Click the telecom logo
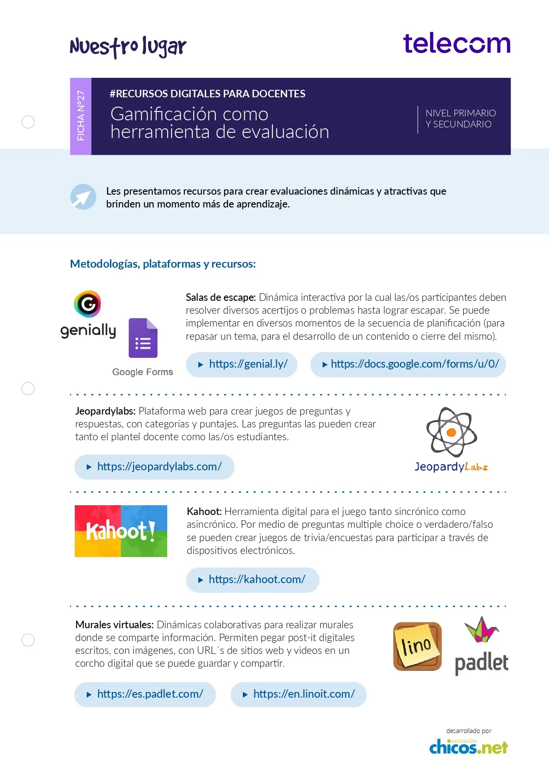(x=457, y=44)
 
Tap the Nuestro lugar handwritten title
(x=128, y=47)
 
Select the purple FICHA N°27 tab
(x=81, y=116)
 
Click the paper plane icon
(x=83, y=197)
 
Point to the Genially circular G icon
(x=88, y=304)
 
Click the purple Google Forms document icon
(x=143, y=338)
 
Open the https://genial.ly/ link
(x=242, y=365)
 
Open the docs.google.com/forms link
(x=408, y=365)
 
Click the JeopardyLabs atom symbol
(x=451, y=432)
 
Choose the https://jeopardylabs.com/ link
(x=154, y=467)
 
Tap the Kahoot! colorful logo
(x=121, y=531)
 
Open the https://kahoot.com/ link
(x=253, y=580)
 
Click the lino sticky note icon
(x=417, y=646)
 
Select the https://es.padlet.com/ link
(x=145, y=694)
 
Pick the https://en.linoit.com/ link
(x=299, y=694)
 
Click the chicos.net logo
(x=468, y=747)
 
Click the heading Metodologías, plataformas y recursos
(x=163, y=264)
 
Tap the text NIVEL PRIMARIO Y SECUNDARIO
(x=460, y=119)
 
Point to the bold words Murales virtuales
(x=114, y=625)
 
